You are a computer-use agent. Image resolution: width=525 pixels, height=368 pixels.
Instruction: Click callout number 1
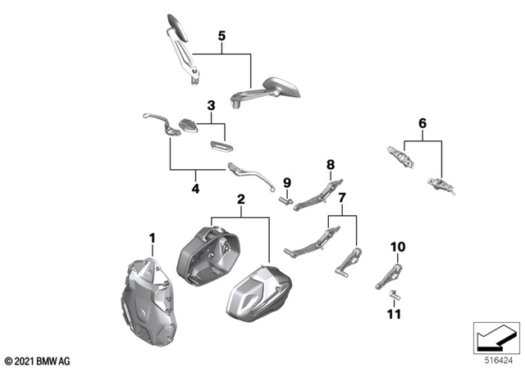[x=152, y=239]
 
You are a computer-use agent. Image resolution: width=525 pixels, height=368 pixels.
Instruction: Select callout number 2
[x=240, y=200]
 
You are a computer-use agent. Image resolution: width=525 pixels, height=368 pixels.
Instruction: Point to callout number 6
[x=422, y=123]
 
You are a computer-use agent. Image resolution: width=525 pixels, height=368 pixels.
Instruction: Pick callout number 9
[x=287, y=182]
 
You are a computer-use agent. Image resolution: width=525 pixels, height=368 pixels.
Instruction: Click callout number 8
[x=331, y=165]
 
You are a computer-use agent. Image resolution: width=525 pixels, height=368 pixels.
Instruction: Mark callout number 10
[x=397, y=246]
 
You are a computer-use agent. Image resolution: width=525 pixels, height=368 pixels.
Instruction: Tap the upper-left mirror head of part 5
[x=176, y=25]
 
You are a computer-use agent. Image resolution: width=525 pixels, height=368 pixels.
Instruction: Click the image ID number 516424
[x=497, y=360]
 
